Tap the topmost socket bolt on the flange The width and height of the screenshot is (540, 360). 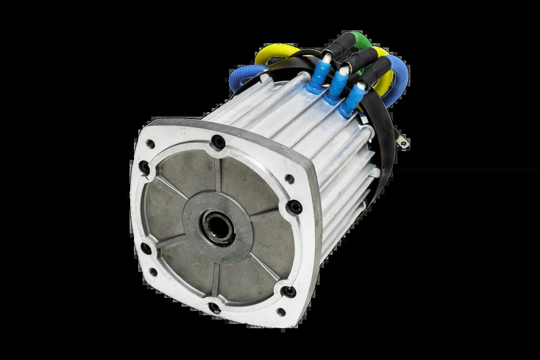pos(218,142)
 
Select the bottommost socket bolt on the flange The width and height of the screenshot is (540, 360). pos(214,308)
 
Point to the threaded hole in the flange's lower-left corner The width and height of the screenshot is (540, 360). pos(153,272)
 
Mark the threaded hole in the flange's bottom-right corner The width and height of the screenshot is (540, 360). pos(281,311)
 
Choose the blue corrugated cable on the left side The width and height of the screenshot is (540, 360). pos(243,78)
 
